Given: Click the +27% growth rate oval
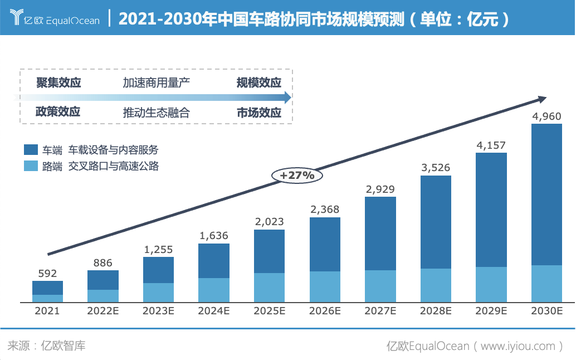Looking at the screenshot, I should click(297, 175).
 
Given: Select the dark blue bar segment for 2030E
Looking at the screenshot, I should click(546, 194).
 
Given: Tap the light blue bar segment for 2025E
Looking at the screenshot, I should click(270, 288).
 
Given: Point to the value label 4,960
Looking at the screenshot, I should click(546, 116).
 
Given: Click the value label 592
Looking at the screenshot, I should click(47, 274).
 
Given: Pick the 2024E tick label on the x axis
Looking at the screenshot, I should click(214, 311).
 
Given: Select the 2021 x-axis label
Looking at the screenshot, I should click(47, 311).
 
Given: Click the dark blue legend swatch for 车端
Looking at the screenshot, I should click(31, 149).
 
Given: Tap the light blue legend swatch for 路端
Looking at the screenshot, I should click(31, 166).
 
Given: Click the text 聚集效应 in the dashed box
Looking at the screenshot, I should click(58, 83).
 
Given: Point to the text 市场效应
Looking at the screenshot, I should click(259, 112).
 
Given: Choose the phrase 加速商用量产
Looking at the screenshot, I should click(157, 83).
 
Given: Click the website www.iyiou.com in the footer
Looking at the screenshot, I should click(518, 346).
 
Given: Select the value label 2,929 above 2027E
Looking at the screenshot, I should click(380, 189).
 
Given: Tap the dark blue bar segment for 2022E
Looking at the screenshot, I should click(103, 280).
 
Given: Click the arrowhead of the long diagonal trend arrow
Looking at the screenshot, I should click(541, 99).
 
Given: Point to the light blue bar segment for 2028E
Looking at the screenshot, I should click(436, 285).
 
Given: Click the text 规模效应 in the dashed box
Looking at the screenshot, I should click(259, 83).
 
